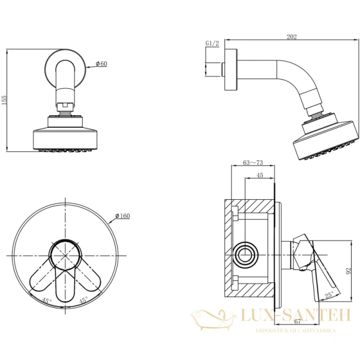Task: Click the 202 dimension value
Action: (x=292, y=37)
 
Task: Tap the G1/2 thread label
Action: (x=212, y=43)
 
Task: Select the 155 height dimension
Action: (x=4, y=100)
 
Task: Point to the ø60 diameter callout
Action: (x=101, y=64)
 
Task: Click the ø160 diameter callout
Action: (x=122, y=216)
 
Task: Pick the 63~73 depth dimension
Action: (x=253, y=163)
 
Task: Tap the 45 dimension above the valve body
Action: (x=260, y=175)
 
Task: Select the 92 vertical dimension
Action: (x=349, y=271)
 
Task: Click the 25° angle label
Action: (x=329, y=295)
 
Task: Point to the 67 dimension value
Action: (x=298, y=322)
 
